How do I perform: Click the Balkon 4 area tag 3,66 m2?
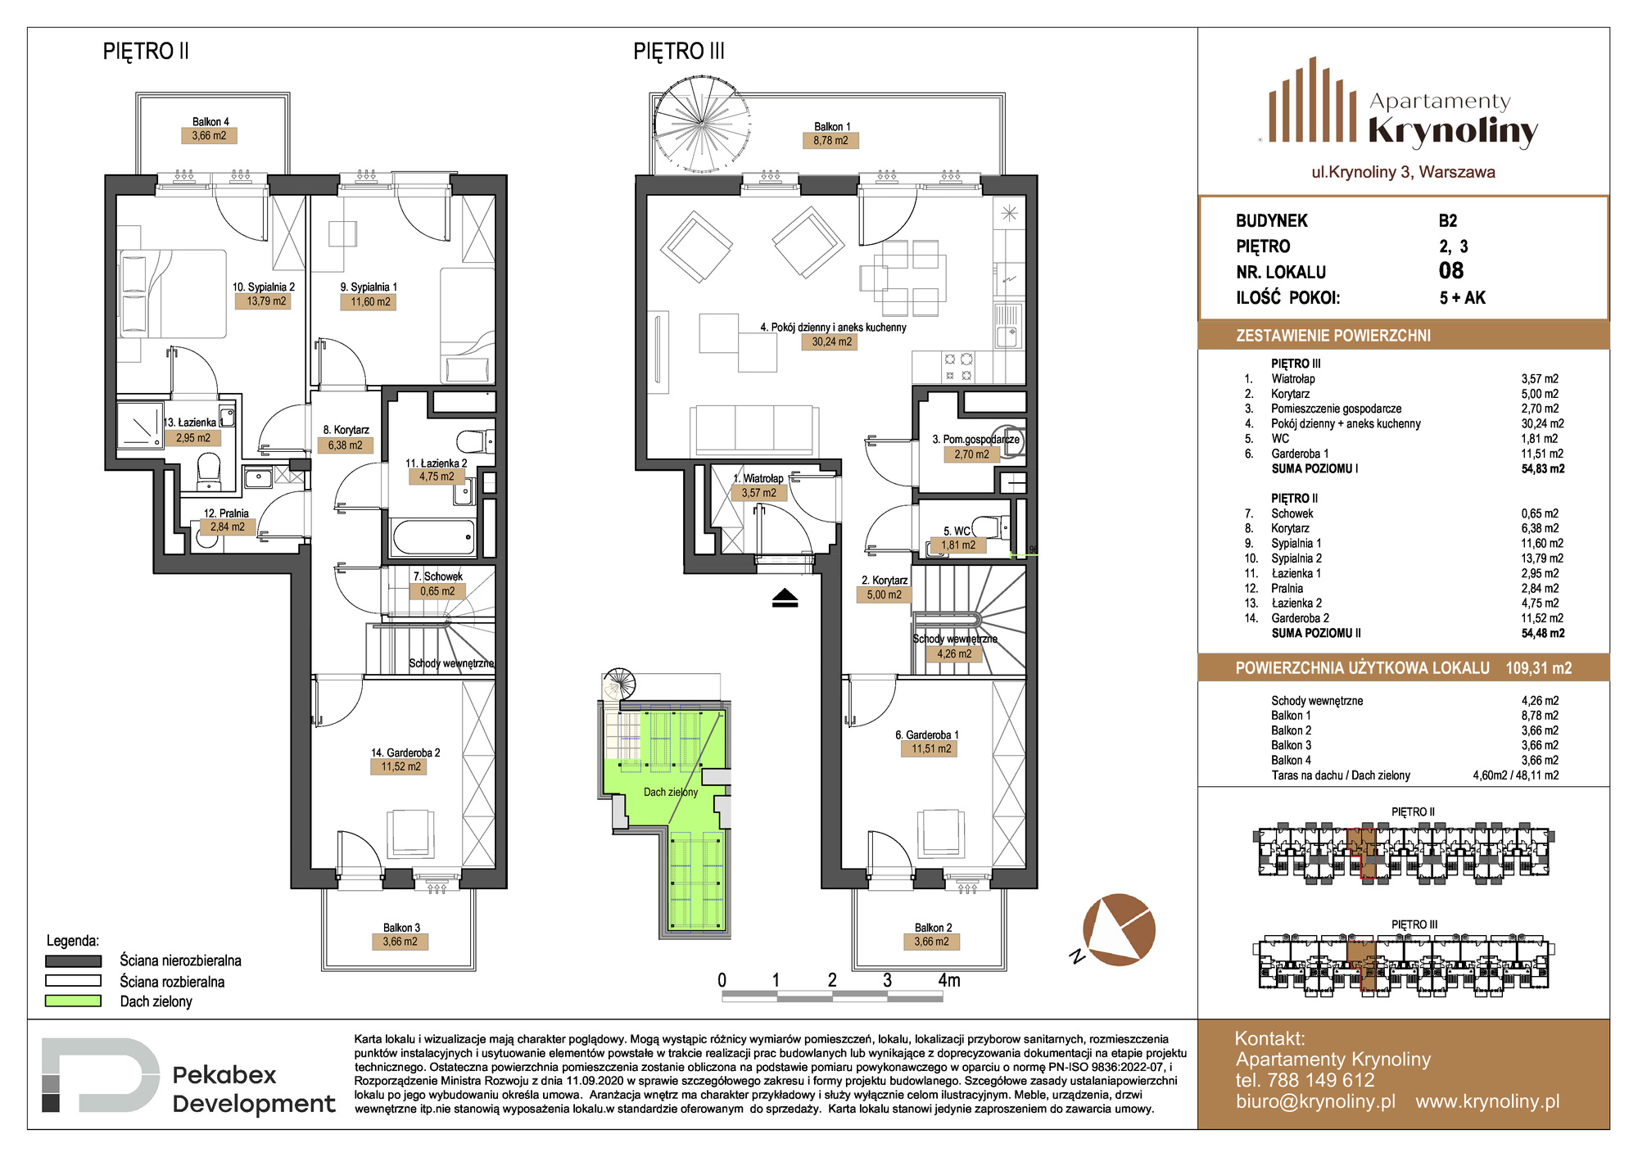click(209, 136)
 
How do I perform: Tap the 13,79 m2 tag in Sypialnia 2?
click(267, 301)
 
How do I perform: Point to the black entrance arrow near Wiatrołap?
click(785, 599)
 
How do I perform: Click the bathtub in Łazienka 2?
click(433, 537)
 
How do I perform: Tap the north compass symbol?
click(1117, 930)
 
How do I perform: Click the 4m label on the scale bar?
click(949, 980)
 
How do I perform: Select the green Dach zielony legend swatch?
click(73, 1001)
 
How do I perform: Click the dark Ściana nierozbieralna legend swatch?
click(73, 960)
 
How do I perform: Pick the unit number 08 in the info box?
click(1451, 271)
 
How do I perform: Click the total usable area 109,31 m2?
click(1539, 668)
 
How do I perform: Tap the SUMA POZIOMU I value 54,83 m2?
click(1543, 469)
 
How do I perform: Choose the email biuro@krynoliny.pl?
click(1315, 1101)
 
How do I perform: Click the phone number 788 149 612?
click(1321, 1080)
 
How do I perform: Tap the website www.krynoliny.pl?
click(1487, 1101)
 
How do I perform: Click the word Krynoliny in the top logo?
click(1453, 132)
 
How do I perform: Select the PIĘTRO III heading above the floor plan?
click(679, 52)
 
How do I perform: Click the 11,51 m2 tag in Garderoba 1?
click(931, 748)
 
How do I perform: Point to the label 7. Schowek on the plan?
click(438, 576)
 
